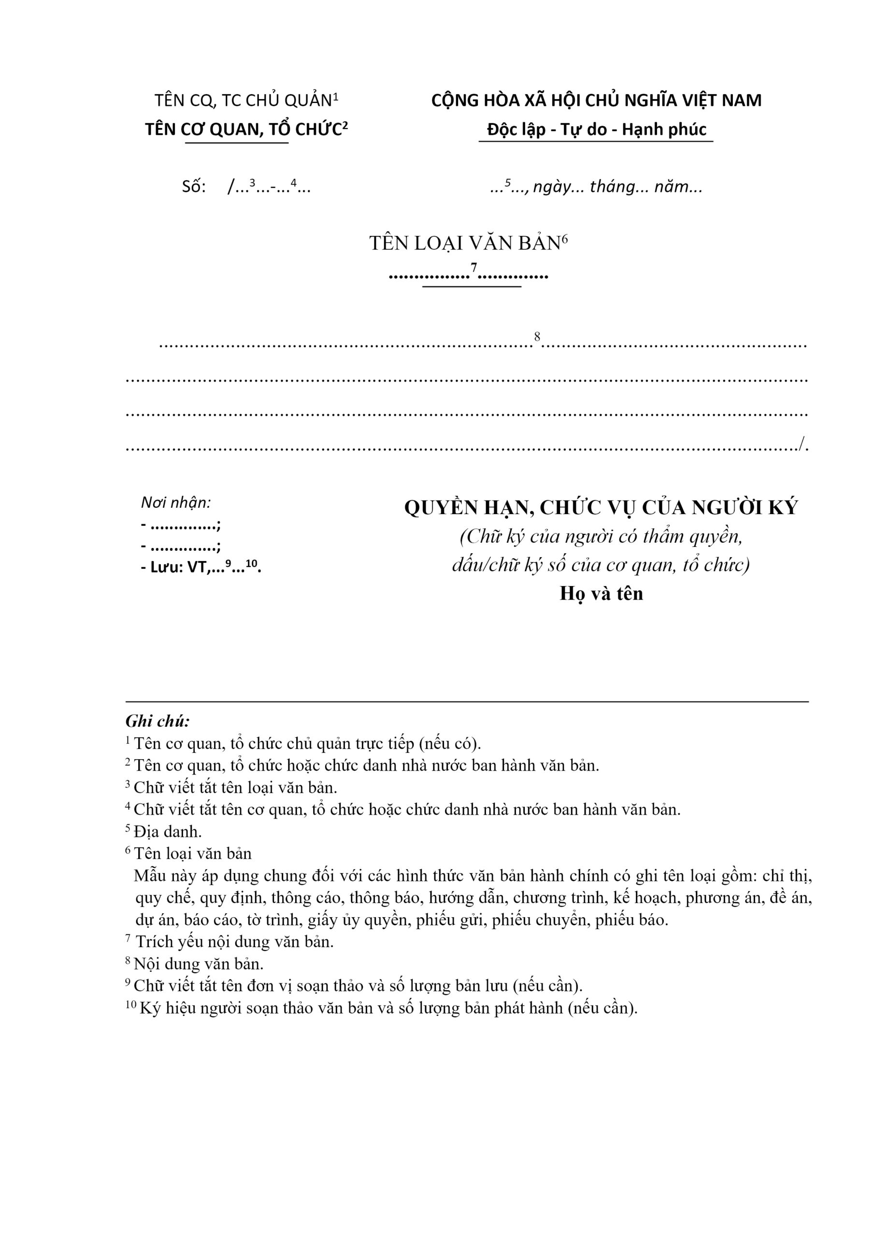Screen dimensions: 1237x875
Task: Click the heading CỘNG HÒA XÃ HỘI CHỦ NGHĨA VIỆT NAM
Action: tap(596, 101)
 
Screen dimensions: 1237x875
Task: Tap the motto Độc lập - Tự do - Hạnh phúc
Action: tap(596, 130)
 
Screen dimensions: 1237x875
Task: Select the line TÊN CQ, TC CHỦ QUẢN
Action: tap(246, 101)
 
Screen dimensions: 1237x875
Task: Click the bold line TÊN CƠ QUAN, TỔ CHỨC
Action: tap(246, 130)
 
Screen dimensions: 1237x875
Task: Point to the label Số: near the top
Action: tap(194, 187)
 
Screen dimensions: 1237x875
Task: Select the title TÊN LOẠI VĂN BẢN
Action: tap(464, 244)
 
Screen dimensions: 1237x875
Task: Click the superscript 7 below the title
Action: tap(473, 268)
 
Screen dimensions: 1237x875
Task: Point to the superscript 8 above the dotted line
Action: tap(537, 337)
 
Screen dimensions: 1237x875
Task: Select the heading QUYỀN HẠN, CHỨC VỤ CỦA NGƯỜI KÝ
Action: tap(601, 507)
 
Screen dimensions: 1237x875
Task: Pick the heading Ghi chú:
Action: tap(158, 721)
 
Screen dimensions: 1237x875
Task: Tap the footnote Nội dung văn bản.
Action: tap(198, 964)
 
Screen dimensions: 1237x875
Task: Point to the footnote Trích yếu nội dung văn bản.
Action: tap(234, 942)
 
